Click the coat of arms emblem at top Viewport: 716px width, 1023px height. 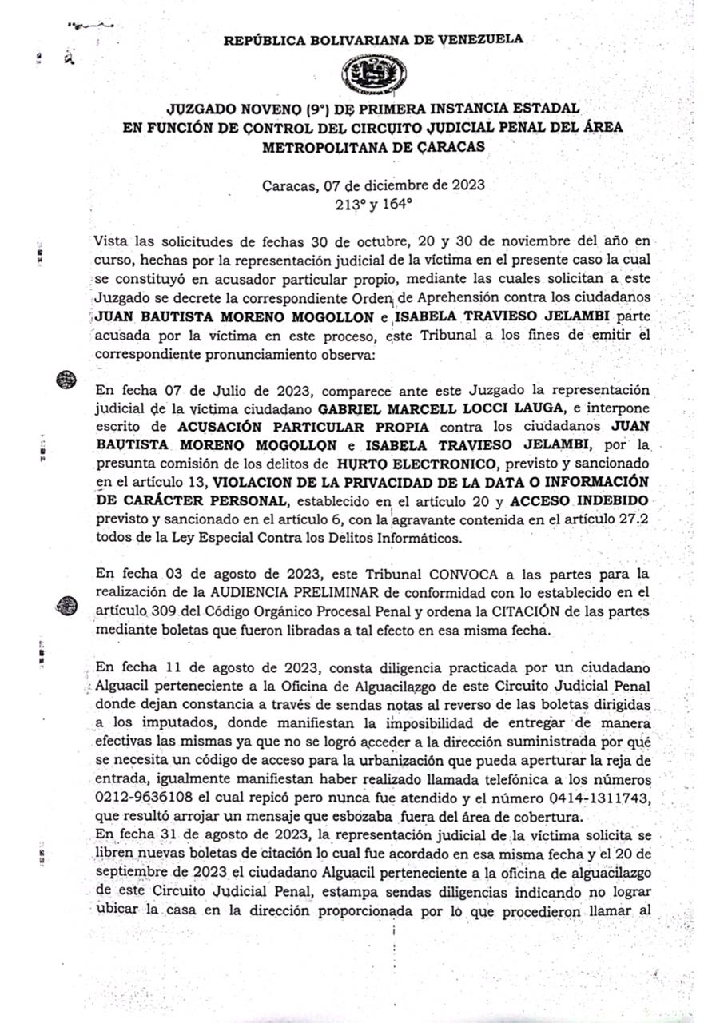click(373, 74)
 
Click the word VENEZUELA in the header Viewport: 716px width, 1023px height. click(482, 38)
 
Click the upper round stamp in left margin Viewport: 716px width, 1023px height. click(67, 380)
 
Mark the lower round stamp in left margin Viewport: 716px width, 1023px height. click(67, 605)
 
